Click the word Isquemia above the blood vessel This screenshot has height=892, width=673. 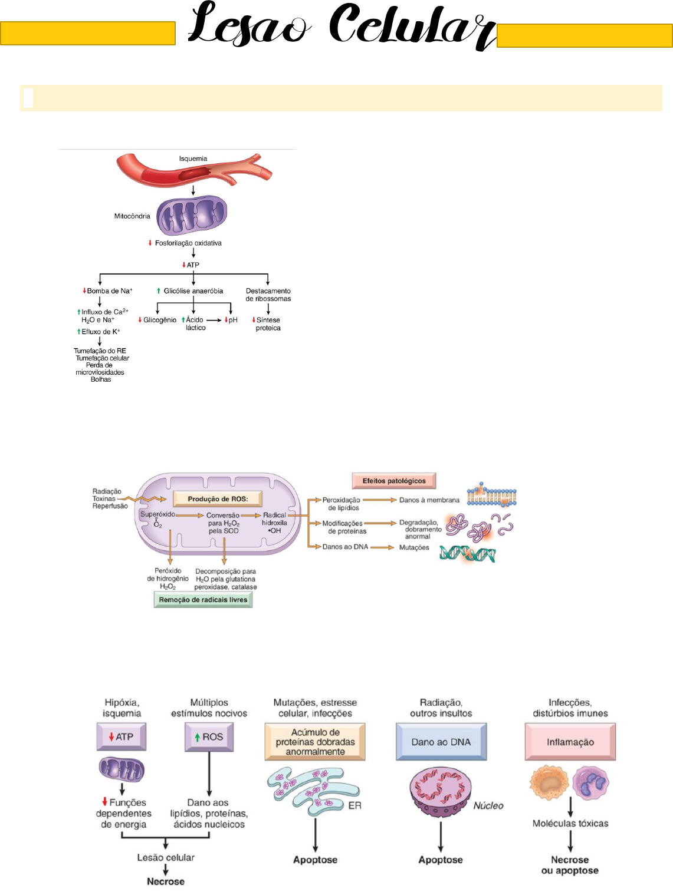193,158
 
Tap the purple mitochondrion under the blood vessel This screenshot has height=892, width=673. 192,215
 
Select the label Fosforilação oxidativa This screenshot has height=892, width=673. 188,243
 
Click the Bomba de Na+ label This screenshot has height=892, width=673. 109,291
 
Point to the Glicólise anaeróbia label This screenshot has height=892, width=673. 193,291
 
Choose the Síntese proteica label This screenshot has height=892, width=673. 268,324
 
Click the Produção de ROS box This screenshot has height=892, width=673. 218,499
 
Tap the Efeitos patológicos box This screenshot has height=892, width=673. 394,481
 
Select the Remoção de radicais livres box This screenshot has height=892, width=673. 203,600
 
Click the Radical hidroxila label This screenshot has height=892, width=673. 274,523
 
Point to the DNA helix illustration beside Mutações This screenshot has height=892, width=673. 467,554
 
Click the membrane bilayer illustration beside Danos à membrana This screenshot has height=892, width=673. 491,497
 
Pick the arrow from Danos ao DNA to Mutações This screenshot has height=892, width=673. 382,547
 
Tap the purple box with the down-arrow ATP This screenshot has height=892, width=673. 121,737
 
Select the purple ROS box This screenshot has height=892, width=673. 209,737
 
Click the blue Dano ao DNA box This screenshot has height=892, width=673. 441,742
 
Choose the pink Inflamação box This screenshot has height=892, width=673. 570,742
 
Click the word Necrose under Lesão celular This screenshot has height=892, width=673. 166,881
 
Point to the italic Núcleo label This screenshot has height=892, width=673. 488,805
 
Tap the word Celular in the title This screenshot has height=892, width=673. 411,27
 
